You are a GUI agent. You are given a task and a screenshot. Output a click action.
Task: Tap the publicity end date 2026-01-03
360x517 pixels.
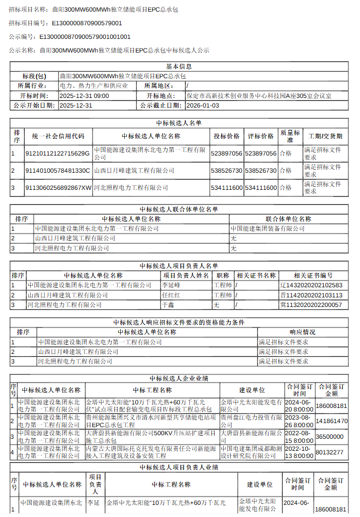202,106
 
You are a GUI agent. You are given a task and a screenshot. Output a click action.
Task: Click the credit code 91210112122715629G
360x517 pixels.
58,153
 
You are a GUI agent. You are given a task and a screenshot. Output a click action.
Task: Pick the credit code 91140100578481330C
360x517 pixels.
58,171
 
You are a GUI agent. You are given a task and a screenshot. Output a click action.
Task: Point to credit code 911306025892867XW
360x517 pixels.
59,188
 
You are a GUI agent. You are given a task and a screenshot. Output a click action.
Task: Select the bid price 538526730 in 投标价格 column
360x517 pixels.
227,171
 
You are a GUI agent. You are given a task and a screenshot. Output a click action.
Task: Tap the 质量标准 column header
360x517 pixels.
290,136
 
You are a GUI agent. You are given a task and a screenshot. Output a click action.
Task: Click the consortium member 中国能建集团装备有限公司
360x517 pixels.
268,229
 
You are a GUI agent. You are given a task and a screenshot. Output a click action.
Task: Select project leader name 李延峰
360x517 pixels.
171,285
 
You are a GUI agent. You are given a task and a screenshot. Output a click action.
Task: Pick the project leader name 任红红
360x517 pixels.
171,295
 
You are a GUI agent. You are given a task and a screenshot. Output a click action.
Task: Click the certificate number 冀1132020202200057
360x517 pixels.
311,305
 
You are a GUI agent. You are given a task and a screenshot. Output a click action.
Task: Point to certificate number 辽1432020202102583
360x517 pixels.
312,285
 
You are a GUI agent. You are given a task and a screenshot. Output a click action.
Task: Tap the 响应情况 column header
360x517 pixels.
302,332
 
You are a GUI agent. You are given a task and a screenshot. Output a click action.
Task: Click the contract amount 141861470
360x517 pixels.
331,421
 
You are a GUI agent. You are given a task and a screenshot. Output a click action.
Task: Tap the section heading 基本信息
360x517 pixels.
179,67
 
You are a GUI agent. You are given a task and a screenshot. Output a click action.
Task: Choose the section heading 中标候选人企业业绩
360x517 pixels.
179,379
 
